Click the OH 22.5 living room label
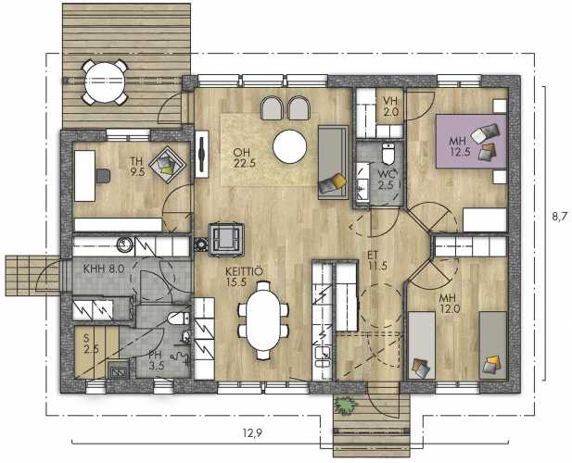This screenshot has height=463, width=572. (245, 157)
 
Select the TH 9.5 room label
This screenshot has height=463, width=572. (137, 167)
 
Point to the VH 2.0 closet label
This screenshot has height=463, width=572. (390, 106)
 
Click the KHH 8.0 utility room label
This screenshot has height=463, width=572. (104, 269)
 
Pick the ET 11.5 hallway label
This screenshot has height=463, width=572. (377, 261)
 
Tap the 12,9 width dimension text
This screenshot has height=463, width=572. (252, 432)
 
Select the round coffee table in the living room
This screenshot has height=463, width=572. (289, 147)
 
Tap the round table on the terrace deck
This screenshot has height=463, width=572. (105, 82)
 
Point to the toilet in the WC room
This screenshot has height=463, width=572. (388, 155)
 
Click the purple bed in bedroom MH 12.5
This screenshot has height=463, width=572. (471, 142)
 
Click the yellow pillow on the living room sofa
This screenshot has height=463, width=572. (338, 180)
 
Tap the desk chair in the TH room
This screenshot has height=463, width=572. (103, 176)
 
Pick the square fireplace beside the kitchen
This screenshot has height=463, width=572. (226, 239)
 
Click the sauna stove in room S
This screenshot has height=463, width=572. (119, 369)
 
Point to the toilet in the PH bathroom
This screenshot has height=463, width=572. (179, 318)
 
